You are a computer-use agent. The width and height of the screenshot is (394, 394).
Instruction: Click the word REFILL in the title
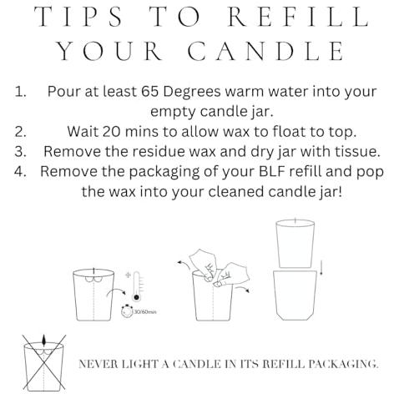(x=299, y=17)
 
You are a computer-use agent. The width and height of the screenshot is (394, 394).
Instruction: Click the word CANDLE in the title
(x=266, y=51)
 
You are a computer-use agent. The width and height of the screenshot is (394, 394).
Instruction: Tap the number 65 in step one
(x=149, y=91)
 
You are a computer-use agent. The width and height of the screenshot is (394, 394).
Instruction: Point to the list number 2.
(x=20, y=132)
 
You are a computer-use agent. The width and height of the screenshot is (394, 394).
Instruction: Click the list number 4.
(x=20, y=171)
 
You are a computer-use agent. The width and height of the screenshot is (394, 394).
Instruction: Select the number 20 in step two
(x=111, y=131)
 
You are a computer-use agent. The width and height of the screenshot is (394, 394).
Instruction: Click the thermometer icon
(x=136, y=286)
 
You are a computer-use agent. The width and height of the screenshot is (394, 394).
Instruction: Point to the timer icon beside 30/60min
(x=127, y=311)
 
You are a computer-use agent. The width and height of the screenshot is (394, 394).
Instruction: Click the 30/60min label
(x=145, y=312)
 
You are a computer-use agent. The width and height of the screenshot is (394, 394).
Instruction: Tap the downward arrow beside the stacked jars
(x=321, y=268)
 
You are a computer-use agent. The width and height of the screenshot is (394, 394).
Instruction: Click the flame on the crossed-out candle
(x=43, y=341)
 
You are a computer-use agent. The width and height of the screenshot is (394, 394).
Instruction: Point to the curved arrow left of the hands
(x=184, y=265)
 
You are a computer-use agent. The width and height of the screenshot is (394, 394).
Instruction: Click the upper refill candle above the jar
(x=295, y=244)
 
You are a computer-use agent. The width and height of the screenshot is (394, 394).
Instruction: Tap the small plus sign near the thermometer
(x=128, y=275)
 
